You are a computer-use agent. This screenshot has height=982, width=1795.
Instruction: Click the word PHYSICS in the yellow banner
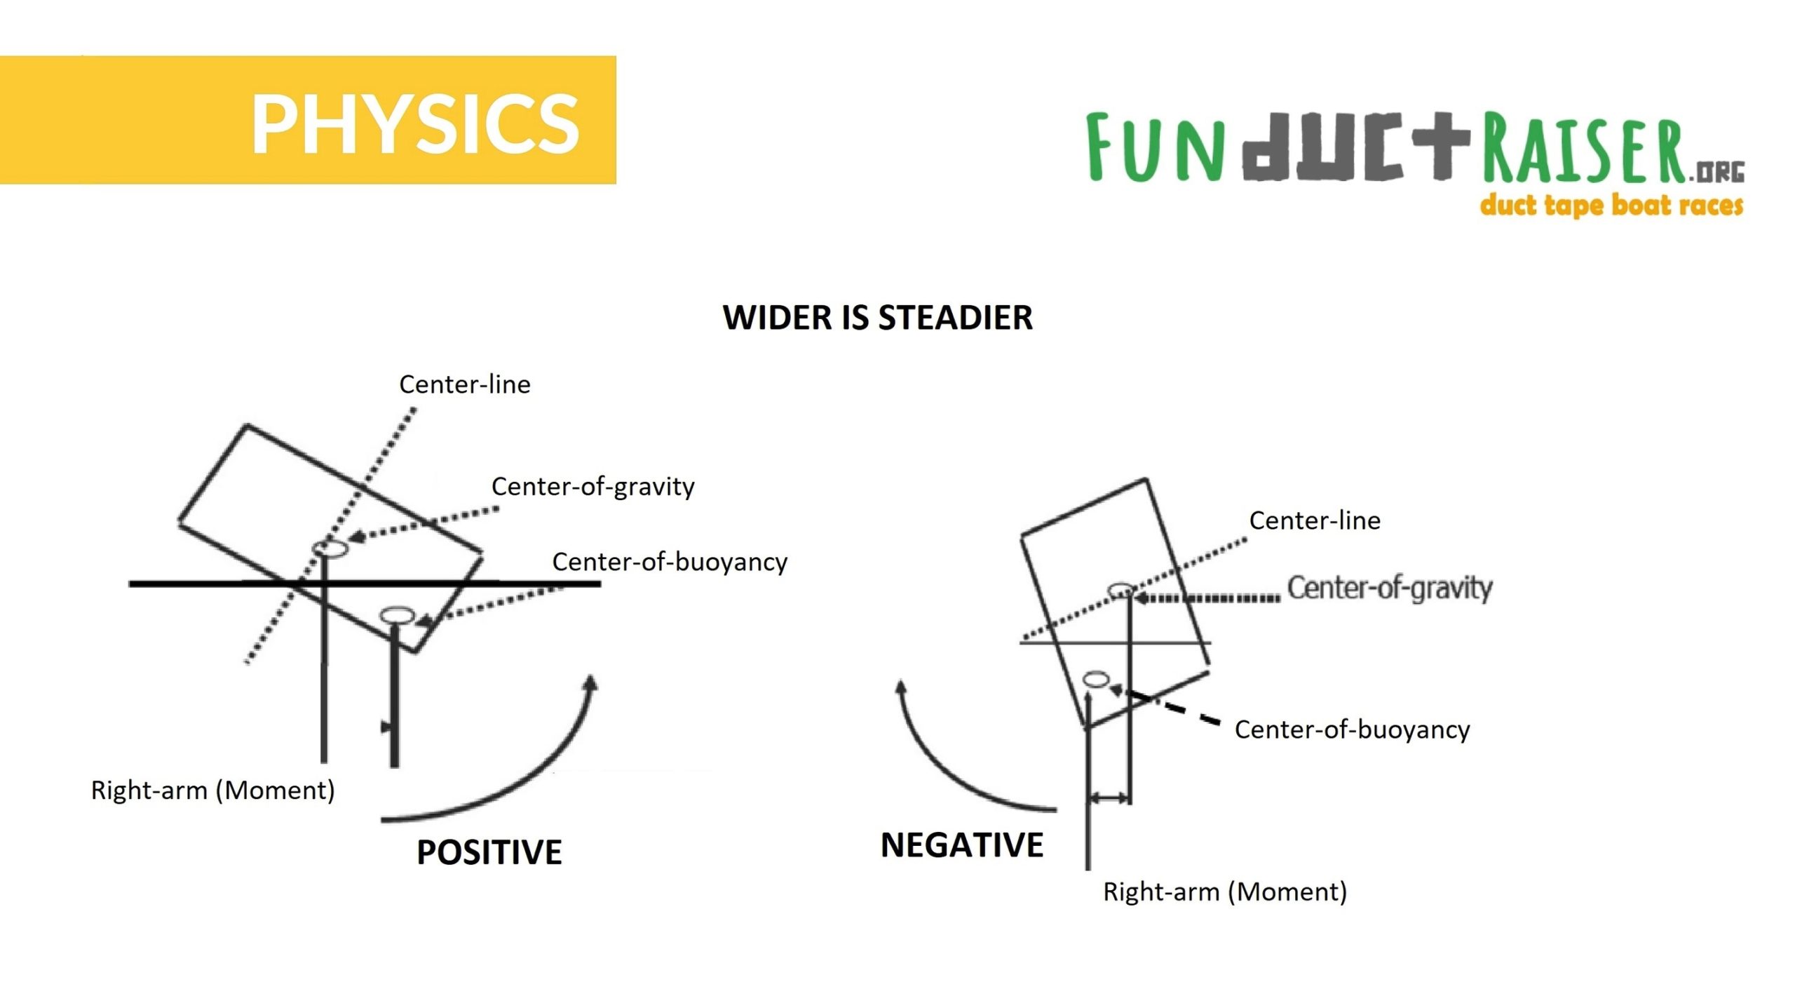tap(415, 123)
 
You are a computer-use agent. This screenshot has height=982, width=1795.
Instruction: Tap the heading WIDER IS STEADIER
tap(877, 318)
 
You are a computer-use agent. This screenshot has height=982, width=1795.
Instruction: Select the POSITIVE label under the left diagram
tap(489, 852)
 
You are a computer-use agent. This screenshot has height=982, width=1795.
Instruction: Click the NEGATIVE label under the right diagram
tap(961, 845)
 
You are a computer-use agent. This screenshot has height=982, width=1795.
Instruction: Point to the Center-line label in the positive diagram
tap(464, 384)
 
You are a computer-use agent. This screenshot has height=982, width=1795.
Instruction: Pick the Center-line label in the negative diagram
tap(1314, 520)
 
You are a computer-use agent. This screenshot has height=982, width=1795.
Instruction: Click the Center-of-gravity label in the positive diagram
tap(592, 486)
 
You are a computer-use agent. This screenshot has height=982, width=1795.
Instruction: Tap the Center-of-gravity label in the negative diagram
tap(1389, 588)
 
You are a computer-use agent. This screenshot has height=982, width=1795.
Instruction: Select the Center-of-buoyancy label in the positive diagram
tap(670, 562)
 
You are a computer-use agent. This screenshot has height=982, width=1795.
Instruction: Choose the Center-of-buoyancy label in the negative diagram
tap(1351, 729)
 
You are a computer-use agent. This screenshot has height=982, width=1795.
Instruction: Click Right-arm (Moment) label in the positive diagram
tap(212, 791)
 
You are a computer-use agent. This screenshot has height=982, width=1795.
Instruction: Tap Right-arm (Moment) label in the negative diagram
tap(1224, 892)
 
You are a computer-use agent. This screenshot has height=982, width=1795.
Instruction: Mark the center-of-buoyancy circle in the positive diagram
tap(397, 615)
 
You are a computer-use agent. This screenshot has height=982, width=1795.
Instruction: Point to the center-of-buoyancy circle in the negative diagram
tap(1096, 678)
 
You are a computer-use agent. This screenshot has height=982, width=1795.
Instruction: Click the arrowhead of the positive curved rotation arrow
tap(591, 684)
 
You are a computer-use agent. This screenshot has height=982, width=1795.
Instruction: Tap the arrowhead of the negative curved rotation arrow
tap(902, 688)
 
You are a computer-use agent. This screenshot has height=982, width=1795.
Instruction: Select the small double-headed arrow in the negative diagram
tap(1108, 798)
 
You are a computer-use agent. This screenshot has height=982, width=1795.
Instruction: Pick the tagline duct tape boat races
tap(1611, 206)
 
